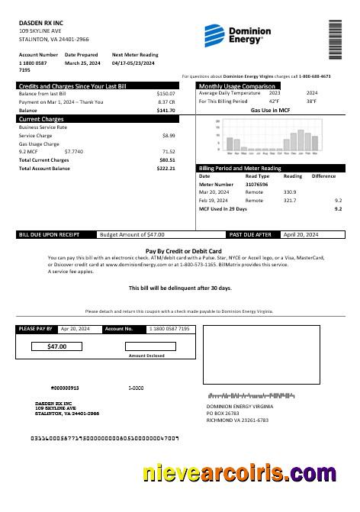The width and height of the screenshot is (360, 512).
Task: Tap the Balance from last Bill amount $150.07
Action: click(166, 93)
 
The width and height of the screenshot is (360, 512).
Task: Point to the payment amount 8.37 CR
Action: click(166, 101)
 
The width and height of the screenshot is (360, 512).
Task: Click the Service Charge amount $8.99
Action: click(169, 135)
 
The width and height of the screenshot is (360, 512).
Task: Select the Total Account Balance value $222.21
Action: click(166, 168)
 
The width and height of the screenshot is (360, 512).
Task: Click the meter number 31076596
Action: click(256, 184)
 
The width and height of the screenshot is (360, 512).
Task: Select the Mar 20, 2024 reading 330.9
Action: click(290, 192)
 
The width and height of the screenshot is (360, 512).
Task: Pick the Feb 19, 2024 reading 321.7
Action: click(290, 200)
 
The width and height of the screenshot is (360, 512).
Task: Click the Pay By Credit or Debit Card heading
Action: click(183, 250)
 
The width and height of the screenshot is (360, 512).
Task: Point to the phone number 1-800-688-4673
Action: click(314, 76)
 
